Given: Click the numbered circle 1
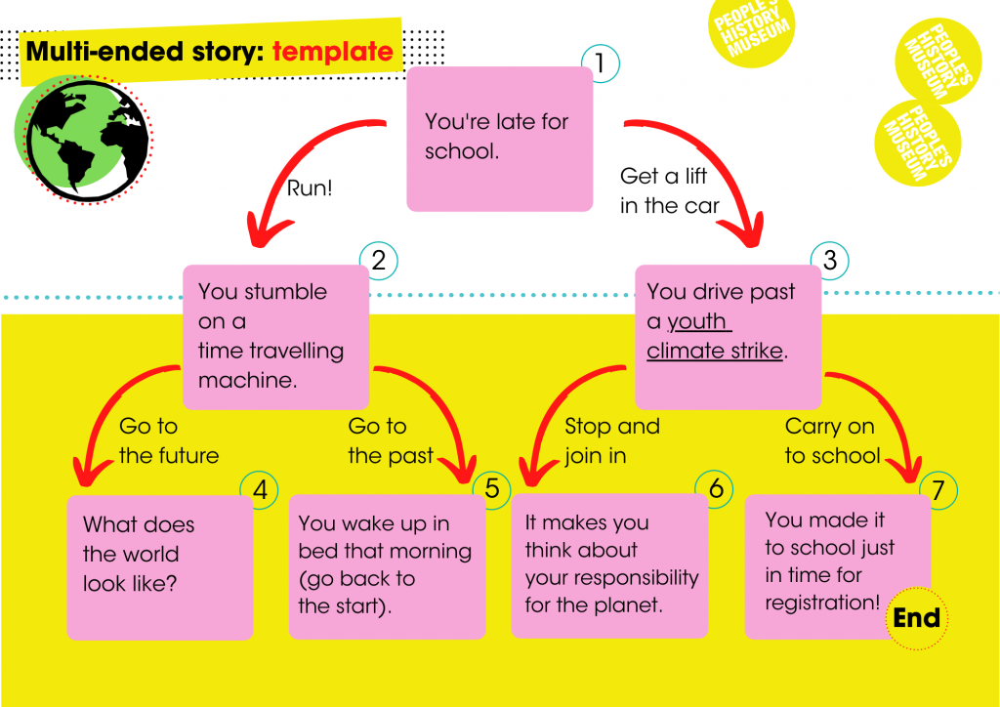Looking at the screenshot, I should (x=601, y=64).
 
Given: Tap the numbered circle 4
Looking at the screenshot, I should (x=260, y=490).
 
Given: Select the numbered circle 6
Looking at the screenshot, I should (x=716, y=488).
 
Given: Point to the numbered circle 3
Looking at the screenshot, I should (x=830, y=260).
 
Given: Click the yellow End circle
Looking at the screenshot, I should (x=916, y=618).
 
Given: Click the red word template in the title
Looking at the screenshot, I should (x=333, y=51).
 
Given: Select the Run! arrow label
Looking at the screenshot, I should (x=310, y=188).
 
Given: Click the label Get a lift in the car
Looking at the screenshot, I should (x=669, y=191).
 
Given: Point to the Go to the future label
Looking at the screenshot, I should (x=169, y=440).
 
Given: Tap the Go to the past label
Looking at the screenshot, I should (x=390, y=440).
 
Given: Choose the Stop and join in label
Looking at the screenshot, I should (x=612, y=440).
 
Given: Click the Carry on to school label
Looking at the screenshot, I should (x=831, y=440).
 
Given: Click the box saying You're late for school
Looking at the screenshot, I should (x=499, y=139).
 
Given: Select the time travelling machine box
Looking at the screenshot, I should (x=275, y=336).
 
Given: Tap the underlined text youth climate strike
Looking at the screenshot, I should (x=715, y=337).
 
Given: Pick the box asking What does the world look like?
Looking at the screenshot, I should (x=159, y=566).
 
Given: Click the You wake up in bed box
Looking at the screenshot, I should (x=387, y=565).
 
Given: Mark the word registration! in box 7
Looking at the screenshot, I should (x=822, y=603).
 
